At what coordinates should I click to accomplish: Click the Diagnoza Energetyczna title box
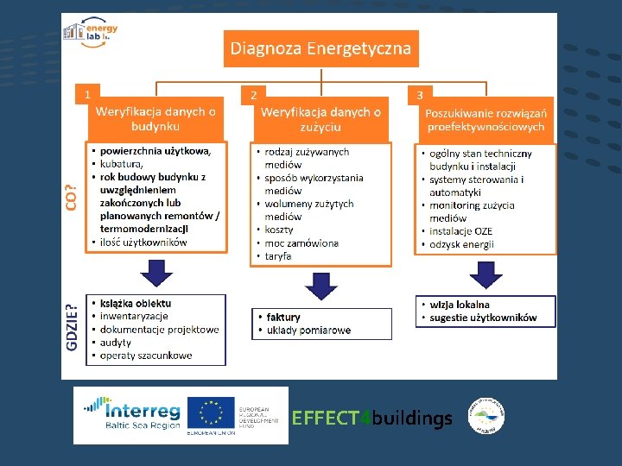(x=321, y=48)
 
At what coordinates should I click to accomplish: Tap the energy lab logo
(x=91, y=35)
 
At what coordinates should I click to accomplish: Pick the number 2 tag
(x=252, y=94)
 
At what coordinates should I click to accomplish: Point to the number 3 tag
(x=419, y=94)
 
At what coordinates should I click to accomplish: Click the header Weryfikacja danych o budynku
(x=156, y=118)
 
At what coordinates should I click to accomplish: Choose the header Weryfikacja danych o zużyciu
(x=321, y=119)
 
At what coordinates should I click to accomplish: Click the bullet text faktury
(x=283, y=318)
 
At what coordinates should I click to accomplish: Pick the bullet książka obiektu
(x=136, y=303)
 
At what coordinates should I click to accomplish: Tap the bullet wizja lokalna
(x=460, y=305)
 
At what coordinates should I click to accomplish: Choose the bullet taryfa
(x=278, y=256)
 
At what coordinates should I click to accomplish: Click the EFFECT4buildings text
(x=372, y=419)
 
